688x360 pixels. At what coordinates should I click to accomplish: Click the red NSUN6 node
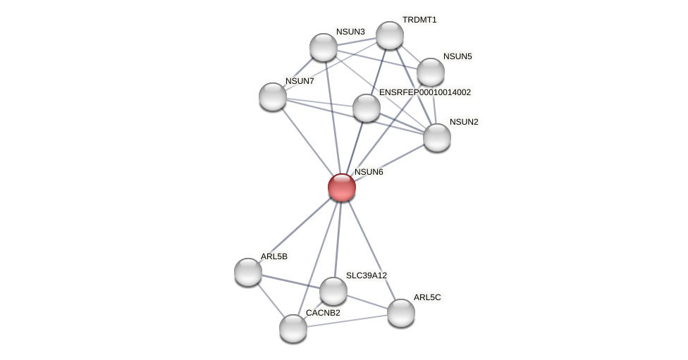[342, 187]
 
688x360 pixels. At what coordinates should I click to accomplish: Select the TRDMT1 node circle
[389, 35]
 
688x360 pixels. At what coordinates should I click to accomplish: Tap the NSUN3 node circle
[324, 47]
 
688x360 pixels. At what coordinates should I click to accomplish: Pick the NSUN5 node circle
[431, 72]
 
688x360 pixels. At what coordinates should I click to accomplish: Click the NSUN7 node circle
[273, 97]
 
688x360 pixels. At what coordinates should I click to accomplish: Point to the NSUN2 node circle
[437, 137]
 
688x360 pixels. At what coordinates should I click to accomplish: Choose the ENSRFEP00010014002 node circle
[367, 108]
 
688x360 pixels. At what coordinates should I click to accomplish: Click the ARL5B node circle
[248, 272]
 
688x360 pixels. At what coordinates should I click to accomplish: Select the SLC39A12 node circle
[333, 291]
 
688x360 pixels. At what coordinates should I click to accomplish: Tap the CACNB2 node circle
[293, 328]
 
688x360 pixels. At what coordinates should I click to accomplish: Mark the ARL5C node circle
[401, 313]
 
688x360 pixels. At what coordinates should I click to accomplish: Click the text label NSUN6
[369, 172]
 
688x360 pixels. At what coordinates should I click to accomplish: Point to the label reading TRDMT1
[419, 20]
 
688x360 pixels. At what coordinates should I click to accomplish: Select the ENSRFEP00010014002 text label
[425, 92]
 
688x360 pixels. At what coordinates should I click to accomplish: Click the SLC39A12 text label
[367, 275]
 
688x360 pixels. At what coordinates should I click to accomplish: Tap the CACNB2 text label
[323, 313]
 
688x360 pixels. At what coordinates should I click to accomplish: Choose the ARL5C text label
[427, 297]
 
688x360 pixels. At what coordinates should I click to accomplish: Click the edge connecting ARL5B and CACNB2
[270, 299]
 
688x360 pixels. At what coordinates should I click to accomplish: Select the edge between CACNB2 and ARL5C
[347, 321]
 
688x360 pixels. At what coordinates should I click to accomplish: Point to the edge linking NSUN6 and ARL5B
[295, 230]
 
